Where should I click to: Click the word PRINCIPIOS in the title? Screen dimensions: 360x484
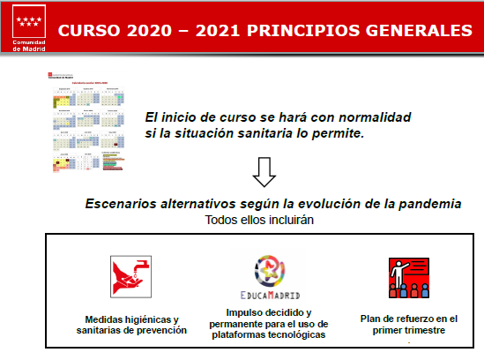tap(295, 30)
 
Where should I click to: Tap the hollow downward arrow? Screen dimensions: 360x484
tap(265, 172)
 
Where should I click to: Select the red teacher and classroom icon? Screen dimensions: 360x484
tap(407, 278)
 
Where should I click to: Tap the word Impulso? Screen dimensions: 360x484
tap(247, 313)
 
